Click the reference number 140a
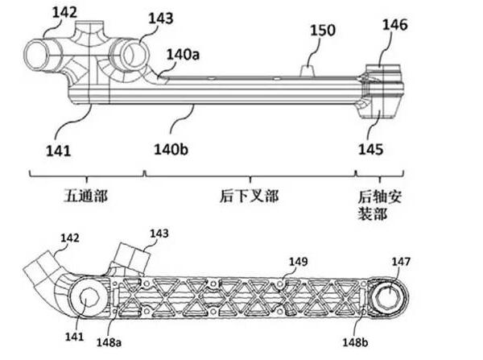pyautogui.click(x=182, y=54)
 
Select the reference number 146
pyautogui.click(x=394, y=25)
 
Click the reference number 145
pyautogui.click(x=371, y=150)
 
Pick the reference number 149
pyautogui.click(x=299, y=261)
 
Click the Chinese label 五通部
pyautogui.click(x=82, y=195)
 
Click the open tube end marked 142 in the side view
pyautogui.click(x=39, y=57)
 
